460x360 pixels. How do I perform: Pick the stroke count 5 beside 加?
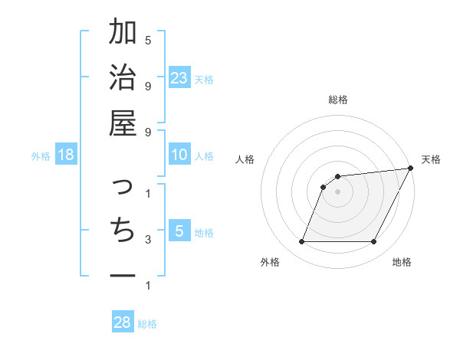(148, 40)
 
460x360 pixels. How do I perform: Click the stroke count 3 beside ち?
(148, 240)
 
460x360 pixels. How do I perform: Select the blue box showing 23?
(179, 77)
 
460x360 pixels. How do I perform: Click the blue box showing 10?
(179, 155)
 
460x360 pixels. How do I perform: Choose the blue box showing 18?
(66, 155)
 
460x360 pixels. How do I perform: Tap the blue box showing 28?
(122, 322)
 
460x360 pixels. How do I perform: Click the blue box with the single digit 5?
(179, 231)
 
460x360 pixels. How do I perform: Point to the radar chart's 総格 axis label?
(338, 100)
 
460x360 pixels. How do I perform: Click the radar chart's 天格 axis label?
(431, 159)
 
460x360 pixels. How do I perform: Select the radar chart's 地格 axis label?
(402, 262)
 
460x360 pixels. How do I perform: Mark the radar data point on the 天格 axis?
(410, 169)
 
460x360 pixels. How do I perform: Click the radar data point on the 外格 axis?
(301, 242)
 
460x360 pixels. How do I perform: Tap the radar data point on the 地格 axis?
(374, 242)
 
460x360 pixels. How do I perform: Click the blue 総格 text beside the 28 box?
(147, 324)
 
